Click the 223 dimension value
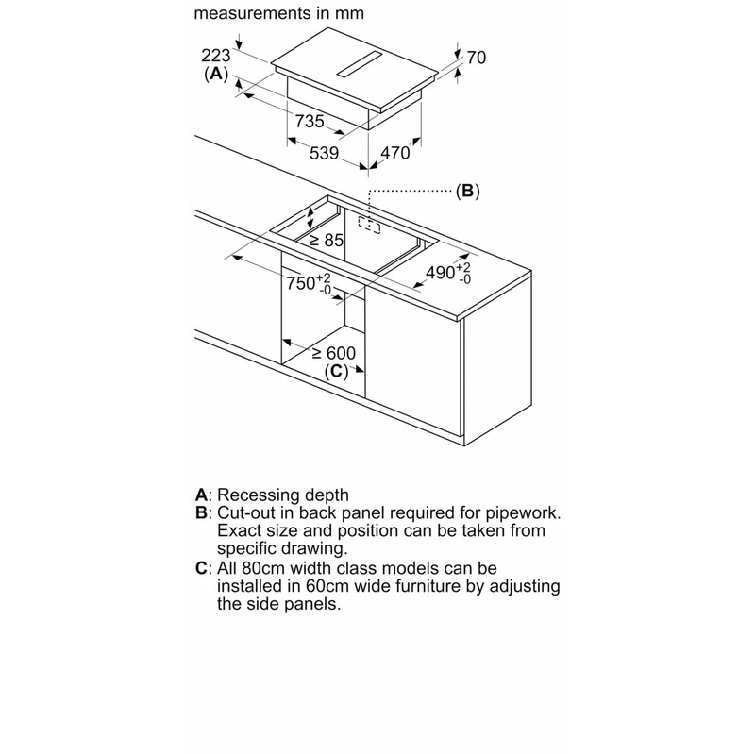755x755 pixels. coord(216,55)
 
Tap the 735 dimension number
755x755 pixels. coord(310,121)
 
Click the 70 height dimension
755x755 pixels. coord(476,59)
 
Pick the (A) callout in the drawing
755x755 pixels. coord(216,74)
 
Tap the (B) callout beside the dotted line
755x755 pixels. coord(467,191)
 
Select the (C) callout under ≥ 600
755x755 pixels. coord(336,372)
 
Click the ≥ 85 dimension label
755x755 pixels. coord(327,240)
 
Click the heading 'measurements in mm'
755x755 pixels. coord(278,14)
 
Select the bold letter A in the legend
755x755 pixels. coord(200,495)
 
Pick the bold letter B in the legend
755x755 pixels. coord(200,512)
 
